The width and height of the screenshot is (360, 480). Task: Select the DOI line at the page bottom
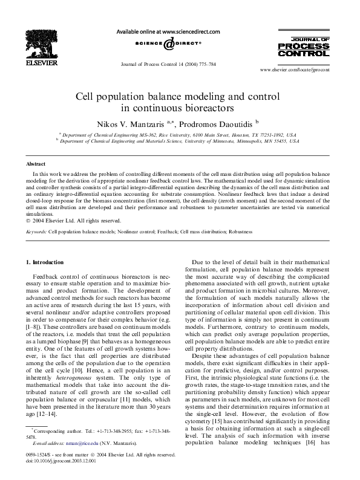65,461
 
